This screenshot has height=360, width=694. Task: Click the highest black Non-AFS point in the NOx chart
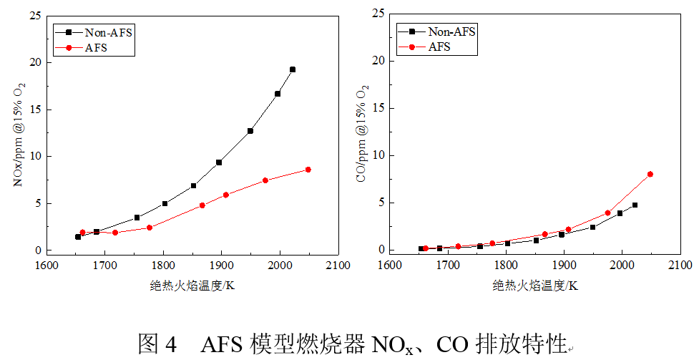(x=292, y=69)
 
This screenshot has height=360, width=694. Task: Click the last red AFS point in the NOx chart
(x=308, y=170)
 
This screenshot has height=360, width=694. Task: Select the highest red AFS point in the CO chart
(x=650, y=174)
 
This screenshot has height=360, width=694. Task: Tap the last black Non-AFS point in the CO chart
(x=635, y=205)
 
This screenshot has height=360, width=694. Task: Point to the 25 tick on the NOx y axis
(x=34, y=15)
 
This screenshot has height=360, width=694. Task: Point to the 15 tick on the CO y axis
(x=378, y=109)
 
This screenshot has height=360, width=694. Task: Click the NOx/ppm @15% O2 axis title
(x=19, y=135)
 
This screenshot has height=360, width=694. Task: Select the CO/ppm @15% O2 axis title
(x=363, y=135)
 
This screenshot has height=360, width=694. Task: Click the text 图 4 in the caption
(x=155, y=344)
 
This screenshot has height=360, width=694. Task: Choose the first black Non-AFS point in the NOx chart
(x=78, y=236)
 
